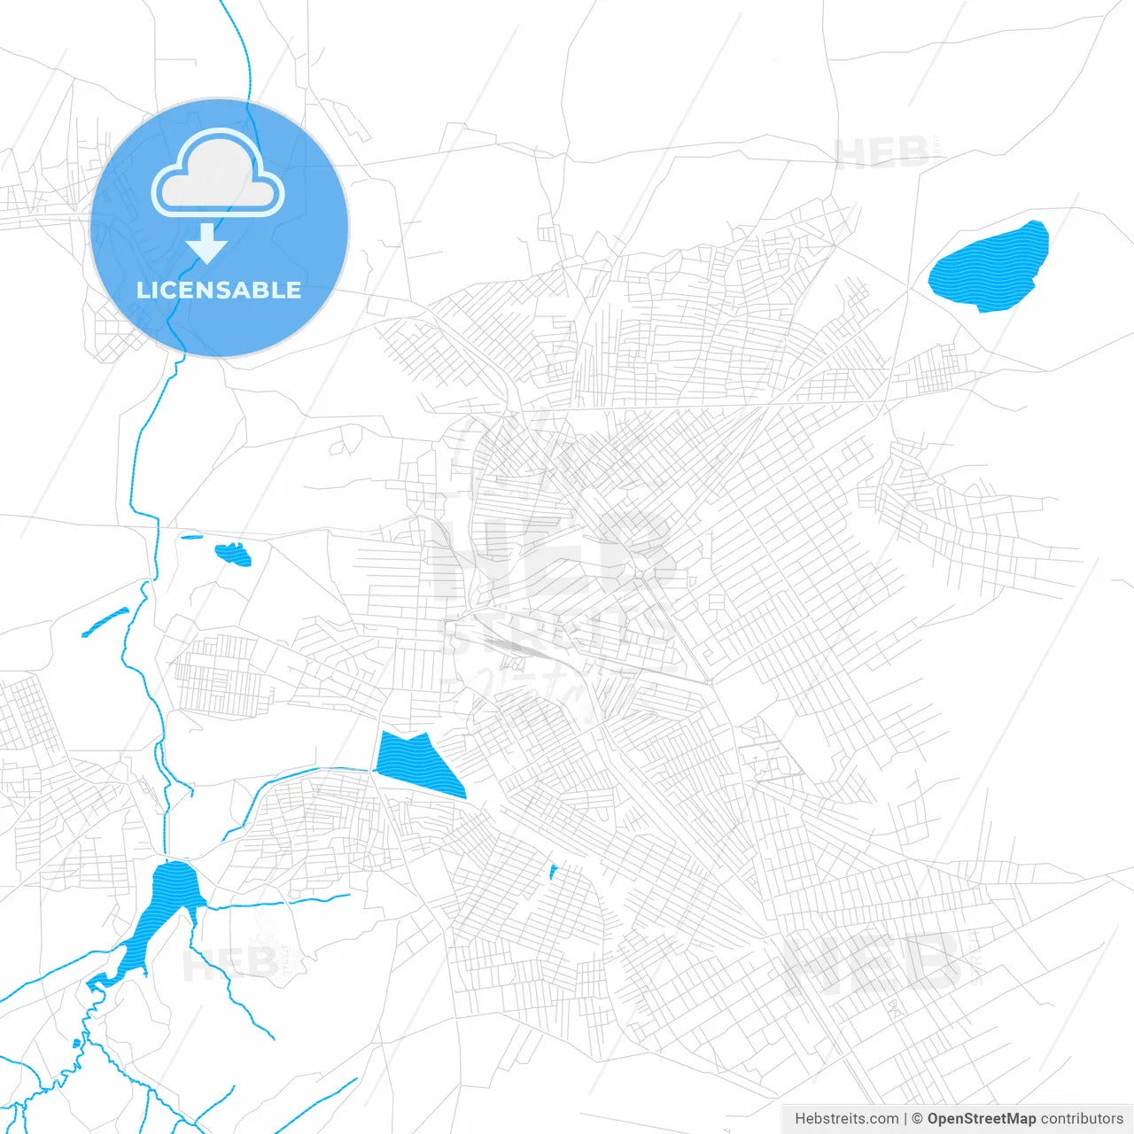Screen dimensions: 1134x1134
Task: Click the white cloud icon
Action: (218, 174)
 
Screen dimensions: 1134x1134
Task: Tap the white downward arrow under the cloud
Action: (207, 244)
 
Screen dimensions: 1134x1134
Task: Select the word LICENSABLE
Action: (219, 290)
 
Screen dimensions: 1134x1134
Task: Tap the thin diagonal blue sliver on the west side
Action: (105, 622)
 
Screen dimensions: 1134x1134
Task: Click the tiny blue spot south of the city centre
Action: (553, 873)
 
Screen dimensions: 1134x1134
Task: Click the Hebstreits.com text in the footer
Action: (846, 1119)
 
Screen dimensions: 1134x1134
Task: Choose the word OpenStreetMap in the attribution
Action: (981, 1119)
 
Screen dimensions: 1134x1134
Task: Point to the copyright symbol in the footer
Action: (917, 1119)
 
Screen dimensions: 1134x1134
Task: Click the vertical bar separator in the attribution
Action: (905, 1119)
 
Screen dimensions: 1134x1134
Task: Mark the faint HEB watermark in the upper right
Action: (882, 153)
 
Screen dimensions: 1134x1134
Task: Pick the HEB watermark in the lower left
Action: (230, 964)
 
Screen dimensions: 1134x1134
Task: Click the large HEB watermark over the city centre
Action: (549, 558)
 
